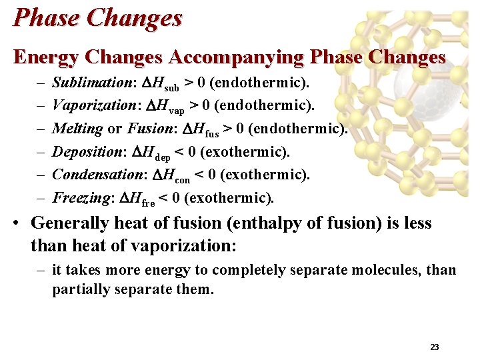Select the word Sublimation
pyautogui.click(x=93, y=83)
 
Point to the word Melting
pyautogui.click(x=77, y=128)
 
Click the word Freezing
pyautogui.click(x=80, y=198)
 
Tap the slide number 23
pyautogui.click(x=434, y=347)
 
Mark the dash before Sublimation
pyautogui.click(x=41, y=83)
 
